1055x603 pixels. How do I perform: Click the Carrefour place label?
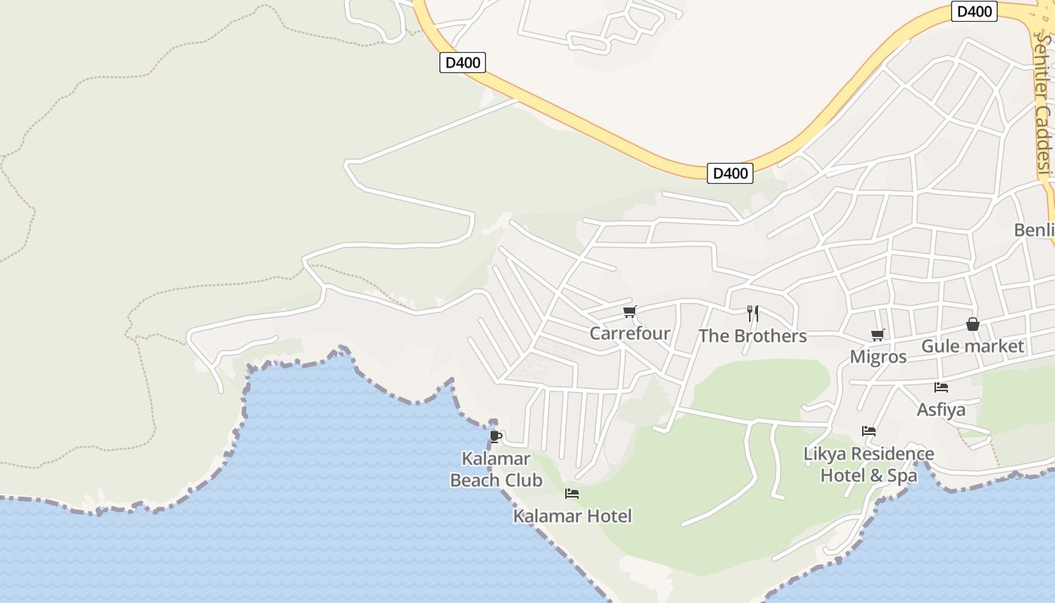coord(629,333)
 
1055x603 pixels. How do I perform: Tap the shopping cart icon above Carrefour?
coord(629,312)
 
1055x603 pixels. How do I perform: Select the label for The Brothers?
coord(752,336)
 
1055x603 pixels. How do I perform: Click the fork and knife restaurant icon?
coord(752,314)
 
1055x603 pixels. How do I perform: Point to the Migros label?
coord(878,357)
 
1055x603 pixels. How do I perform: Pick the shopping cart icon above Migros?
coord(877,335)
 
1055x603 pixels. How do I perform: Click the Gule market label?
coord(973,346)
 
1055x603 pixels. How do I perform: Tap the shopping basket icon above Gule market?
coord(973,325)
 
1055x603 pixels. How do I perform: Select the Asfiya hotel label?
coord(941,410)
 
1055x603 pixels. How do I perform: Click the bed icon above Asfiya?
coord(941,387)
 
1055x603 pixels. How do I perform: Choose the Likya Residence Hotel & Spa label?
coord(869,464)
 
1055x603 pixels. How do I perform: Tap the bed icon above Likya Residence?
coord(869,431)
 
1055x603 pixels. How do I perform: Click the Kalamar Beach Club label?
coord(496,469)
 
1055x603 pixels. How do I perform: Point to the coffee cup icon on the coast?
coord(495,436)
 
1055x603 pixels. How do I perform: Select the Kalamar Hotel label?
coord(572,516)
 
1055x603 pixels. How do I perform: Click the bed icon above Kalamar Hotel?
coord(572,494)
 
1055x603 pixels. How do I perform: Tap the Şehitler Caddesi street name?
coord(1042,106)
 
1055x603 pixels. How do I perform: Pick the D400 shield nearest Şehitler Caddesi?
coord(974,11)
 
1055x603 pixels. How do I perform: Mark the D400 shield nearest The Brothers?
coord(730,173)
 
